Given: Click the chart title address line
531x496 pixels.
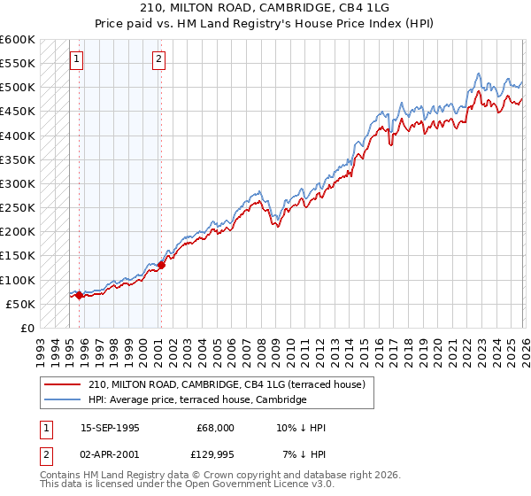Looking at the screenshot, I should [265, 7].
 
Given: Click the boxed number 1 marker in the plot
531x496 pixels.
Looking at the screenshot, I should [77, 60].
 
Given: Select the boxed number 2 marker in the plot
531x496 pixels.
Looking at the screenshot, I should [158, 60].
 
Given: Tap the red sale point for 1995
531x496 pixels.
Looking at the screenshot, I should [79, 296].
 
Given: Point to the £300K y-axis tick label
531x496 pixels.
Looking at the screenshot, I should [18, 183].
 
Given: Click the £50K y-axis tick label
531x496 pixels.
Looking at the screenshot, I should [21, 304].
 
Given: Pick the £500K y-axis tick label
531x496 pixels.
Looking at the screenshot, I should [18, 88].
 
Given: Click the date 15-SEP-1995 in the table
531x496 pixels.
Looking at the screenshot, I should [110, 428].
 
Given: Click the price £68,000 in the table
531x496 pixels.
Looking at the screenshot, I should [216, 428].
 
